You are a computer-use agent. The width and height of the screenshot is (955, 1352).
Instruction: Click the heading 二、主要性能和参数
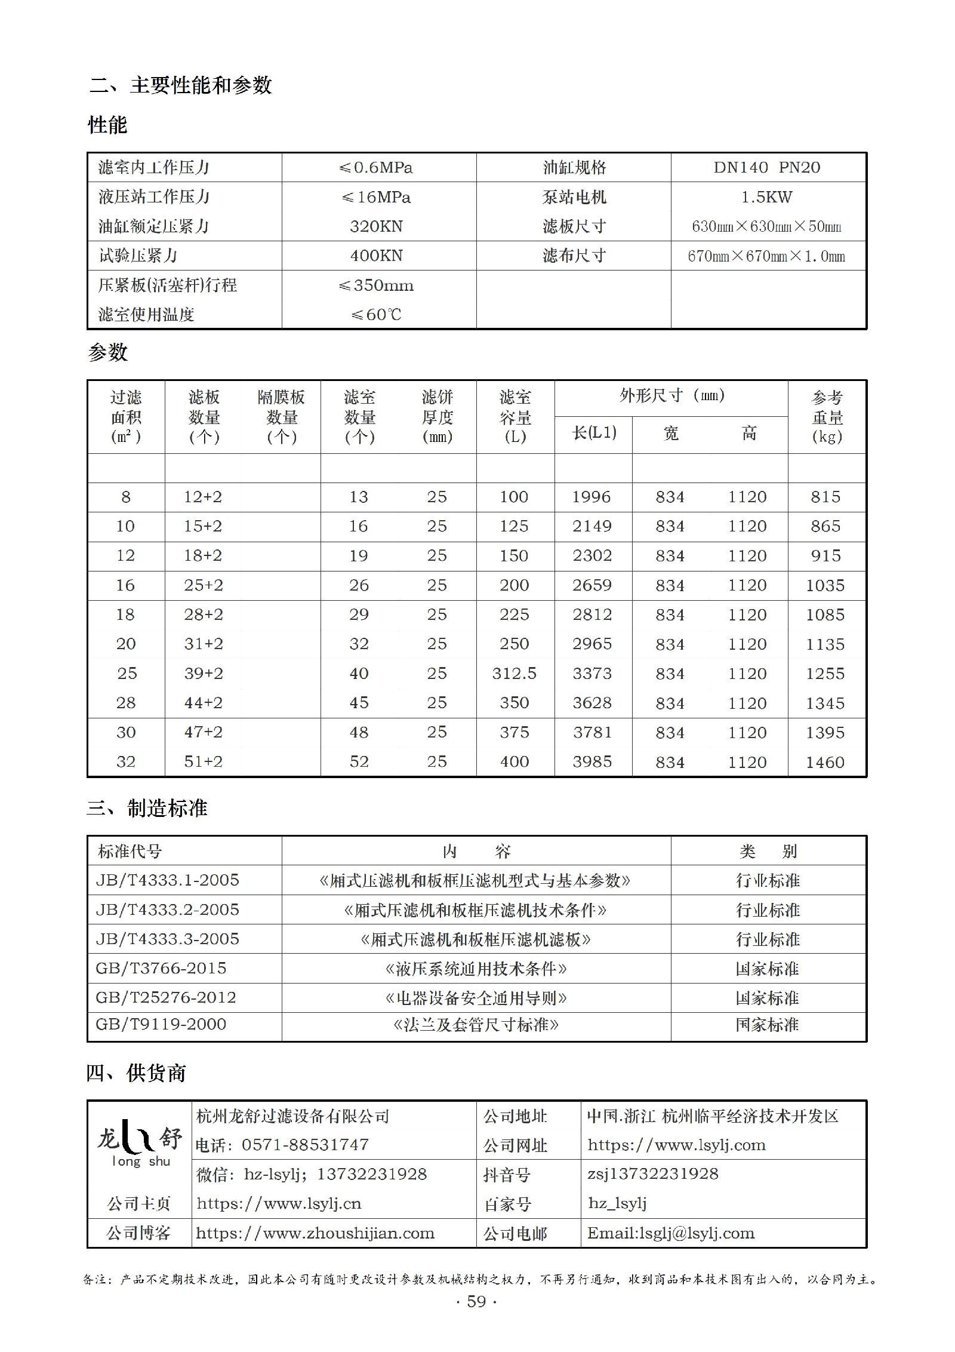[x=180, y=85]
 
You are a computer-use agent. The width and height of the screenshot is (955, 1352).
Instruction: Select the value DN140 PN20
[x=767, y=168]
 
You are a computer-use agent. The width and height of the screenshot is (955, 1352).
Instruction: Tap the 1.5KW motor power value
[x=767, y=197]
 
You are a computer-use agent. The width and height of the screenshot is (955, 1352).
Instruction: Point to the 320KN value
[x=377, y=226]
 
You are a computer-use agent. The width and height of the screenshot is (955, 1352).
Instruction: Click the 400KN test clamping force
[x=377, y=256]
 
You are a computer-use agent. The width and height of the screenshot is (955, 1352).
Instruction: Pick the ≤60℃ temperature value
[x=377, y=315]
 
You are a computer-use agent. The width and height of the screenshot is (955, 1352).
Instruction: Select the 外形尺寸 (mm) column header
[x=671, y=396]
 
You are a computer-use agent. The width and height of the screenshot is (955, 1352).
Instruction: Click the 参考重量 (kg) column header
[x=827, y=417]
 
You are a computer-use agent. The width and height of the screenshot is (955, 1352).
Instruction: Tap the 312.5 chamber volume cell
[x=515, y=674]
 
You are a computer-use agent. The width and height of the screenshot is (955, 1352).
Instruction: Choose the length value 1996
[x=592, y=497]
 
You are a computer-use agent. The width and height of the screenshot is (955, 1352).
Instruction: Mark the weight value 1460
[x=825, y=762]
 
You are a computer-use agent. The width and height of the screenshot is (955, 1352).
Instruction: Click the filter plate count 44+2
[x=203, y=703]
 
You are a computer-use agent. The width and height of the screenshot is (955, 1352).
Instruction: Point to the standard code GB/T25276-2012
[x=166, y=997]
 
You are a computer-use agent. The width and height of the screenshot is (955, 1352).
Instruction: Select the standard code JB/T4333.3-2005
[x=168, y=939]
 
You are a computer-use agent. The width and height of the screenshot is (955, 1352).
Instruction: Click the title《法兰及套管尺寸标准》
[x=476, y=1025]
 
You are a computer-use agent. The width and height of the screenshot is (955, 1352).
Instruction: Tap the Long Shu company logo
[x=140, y=1142]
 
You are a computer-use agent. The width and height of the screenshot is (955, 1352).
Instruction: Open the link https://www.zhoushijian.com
[x=315, y=1233]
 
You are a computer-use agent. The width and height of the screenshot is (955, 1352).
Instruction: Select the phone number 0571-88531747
[x=305, y=1145]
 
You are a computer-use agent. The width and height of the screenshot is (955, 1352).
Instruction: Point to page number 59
[x=476, y=1301]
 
